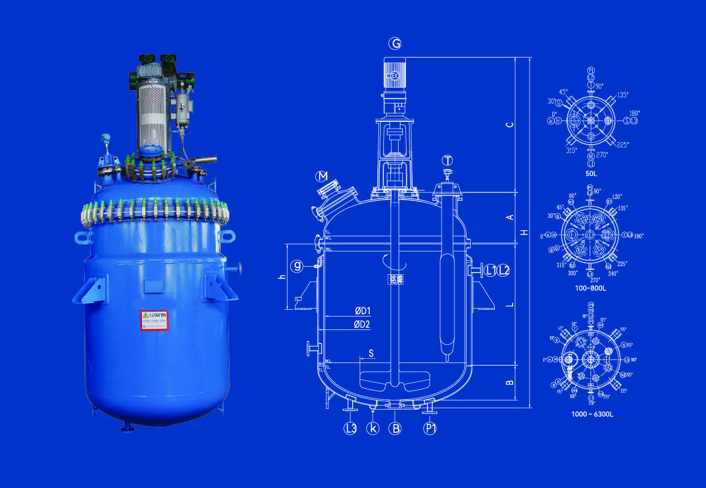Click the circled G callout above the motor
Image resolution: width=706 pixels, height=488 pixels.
click(x=396, y=43)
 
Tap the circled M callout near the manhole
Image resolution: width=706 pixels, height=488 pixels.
click(x=322, y=176)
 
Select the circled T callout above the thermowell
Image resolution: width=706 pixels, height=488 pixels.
click(x=448, y=160)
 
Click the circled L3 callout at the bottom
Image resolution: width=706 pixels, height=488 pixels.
click(x=350, y=428)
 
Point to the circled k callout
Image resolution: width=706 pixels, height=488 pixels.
click(x=373, y=428)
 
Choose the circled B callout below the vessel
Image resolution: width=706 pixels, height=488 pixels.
click(x=396, y=428)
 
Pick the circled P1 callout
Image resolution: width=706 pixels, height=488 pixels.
click(x=430, y=428)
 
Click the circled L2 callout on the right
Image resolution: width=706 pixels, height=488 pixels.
click(x=503, y=269)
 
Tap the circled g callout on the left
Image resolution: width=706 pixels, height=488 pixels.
click(x=298, y=266)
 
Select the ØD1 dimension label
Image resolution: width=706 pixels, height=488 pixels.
click(x=362, y=312)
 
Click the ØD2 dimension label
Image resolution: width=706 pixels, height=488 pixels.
click(x=362, y=325)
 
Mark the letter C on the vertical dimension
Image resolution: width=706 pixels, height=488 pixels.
click(x=509, y=125)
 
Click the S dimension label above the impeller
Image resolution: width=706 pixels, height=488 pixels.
click(x=370, y=354)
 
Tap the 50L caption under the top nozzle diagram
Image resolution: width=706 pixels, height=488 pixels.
click(x=591, y=174)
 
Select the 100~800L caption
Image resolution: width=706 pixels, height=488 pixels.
click(x=591, y=287)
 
